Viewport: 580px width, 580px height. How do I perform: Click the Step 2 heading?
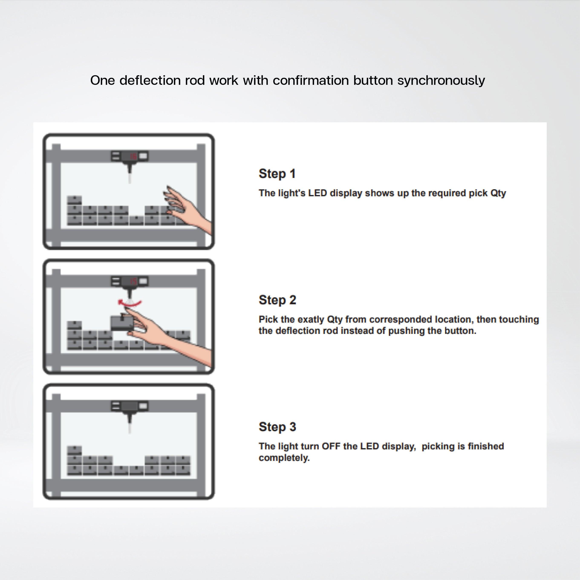(x=277, y=300)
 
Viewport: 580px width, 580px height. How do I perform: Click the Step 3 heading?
(x=277, y=427)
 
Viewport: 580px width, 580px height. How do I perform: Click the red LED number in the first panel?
(x=133, y=156)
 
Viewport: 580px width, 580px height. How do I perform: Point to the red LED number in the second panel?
(x=133, y=281)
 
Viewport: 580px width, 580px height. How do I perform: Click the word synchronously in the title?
(x=441, y=81)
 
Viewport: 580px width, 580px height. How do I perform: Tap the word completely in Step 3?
(x=284, y=458)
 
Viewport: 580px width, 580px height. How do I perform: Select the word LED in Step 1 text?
(x=318, y=193)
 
